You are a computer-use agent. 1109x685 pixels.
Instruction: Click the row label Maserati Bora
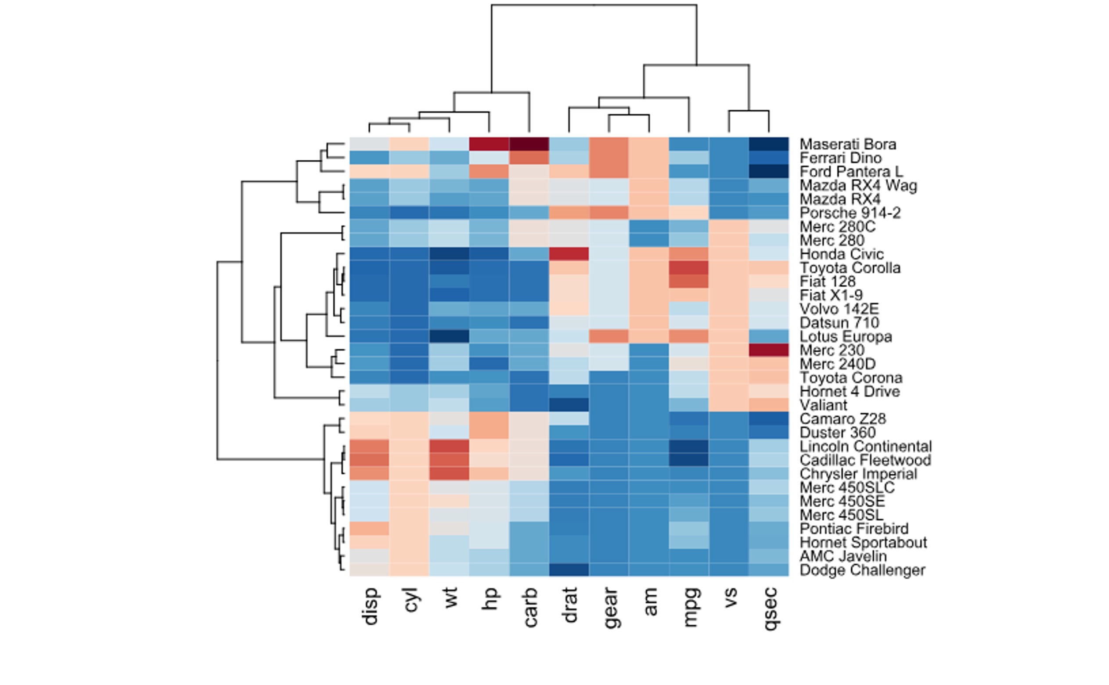[x=847, y=144]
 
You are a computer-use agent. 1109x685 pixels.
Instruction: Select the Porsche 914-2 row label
[x=850, y=213]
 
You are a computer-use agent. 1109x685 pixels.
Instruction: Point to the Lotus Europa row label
[x=846, y=337]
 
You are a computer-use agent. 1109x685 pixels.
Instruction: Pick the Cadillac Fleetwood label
[x=865, y=460]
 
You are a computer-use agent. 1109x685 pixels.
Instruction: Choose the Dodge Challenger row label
[x=862, y=570]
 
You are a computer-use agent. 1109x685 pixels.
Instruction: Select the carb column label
[x=529, y=608]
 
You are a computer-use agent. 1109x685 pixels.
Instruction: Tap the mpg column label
[x=689, y=607]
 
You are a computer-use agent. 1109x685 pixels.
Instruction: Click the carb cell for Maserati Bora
[x=529, y=144]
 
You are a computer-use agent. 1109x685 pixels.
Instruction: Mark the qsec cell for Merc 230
[x=768, y=350]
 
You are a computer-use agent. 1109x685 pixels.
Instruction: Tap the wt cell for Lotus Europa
[x=449, y=337]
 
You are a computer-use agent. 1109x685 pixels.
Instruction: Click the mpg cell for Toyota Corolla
[x=689, y=268]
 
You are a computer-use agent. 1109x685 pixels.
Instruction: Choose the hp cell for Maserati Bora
[x=489, y=144]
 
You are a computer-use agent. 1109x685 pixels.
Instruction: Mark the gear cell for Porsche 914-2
[x=609, y=213]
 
